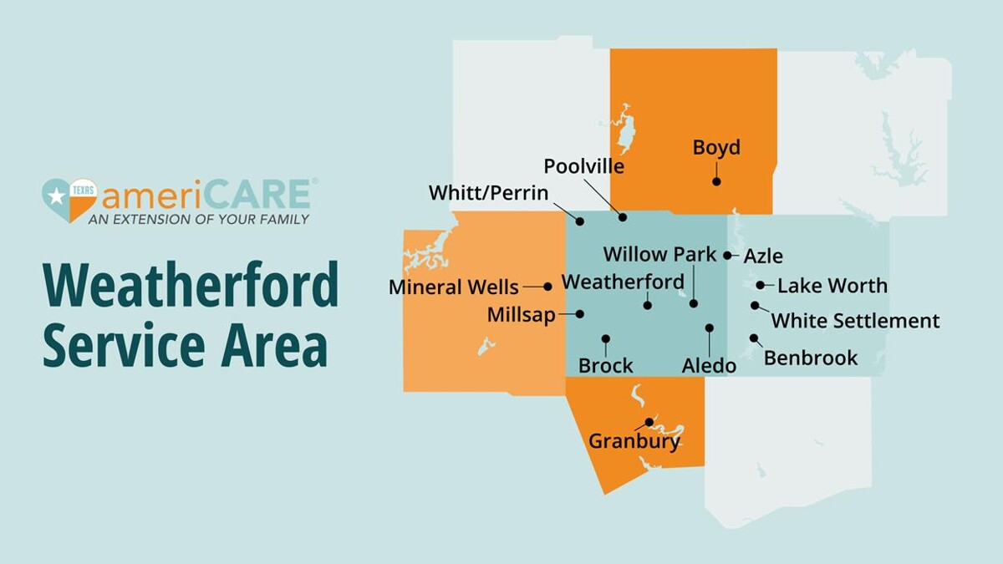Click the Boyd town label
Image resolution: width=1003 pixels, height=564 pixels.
click(x=716, y=148)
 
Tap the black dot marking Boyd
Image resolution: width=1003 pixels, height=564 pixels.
click(x=716, y=180)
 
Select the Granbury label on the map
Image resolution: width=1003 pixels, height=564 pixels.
click(x=634, y=441)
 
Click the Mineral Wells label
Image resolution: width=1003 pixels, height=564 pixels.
click(x=453, y=287)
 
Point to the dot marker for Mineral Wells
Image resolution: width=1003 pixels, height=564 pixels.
click(x=547, y=287)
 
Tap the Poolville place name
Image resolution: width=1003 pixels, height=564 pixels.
click(x=583, y=166)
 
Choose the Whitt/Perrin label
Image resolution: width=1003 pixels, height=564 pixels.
click(x=488, y=193)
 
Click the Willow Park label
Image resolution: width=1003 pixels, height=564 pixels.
click(x=659, y=254)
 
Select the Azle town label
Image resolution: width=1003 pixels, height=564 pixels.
click(x=763, y=256)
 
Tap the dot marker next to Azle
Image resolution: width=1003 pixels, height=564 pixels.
click(x=727, y=255)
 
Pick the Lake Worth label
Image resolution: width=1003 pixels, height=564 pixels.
click(x=832, y=286)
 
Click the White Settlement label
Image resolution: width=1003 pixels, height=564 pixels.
click(x=855, y=321)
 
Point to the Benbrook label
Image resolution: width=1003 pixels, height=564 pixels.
click(x=810, y=358)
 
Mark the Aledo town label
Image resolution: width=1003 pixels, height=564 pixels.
click(x=709, y=366)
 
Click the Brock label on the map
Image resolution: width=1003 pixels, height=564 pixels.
click(x=605, y=366)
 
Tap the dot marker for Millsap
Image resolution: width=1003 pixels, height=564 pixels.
click(x=581, y=313)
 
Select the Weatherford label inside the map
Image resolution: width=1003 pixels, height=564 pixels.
click(x=623, y=282)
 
